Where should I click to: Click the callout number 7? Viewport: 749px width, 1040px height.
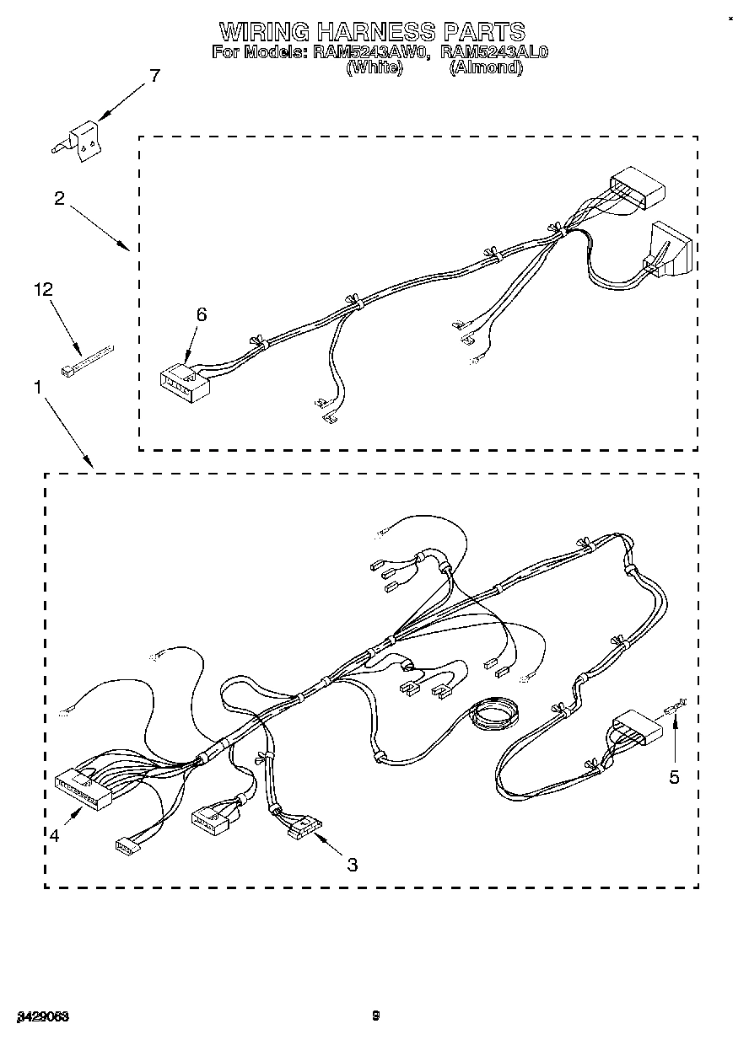(x=154, y=76)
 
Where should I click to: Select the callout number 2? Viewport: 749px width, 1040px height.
(x=59, y=199)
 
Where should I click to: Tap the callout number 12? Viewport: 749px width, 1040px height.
(x=43, y=289)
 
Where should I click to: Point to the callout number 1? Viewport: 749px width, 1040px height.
(x=38, y=387)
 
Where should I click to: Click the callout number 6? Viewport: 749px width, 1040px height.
(x=201, y=314)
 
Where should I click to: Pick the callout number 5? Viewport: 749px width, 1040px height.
(x=674, y=777)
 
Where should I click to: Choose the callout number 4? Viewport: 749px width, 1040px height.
(x=54, y=835)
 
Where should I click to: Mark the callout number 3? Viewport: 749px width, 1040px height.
(x=352, y=864)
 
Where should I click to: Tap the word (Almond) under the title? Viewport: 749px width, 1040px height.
(x=487, y=68)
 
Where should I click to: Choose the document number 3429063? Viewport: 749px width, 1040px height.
(x=40, y=1016)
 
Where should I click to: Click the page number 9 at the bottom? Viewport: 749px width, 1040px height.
(x=376, y=1016)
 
